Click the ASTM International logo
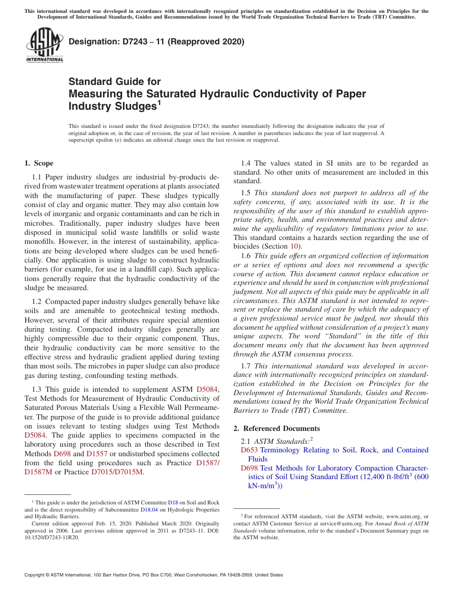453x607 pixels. [44, 45]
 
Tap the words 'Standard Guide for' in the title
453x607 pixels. [114, 82]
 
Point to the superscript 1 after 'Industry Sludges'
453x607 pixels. [159, 102]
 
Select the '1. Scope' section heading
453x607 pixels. [39, 163]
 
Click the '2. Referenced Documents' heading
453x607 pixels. [277, 428]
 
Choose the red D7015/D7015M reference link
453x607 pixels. [117, 472]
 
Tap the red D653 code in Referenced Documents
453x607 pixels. [249, 450]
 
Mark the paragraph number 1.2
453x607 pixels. [37, 302]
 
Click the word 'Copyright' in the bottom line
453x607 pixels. [35, 575]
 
